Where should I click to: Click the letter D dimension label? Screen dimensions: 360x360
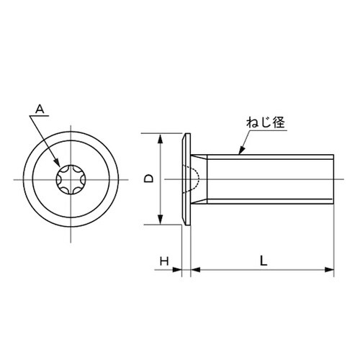pyautogui.click(x=149, y=179)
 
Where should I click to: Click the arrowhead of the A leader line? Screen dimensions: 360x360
pyautogui.click(x=60, y=168)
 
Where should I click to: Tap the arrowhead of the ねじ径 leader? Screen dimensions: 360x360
pyautogui.click(x=239, y=153)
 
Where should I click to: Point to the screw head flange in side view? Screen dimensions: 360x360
pyautogui.click(x=188, y=179)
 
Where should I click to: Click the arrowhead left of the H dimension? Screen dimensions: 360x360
pyautogui.click(x=179, y=271)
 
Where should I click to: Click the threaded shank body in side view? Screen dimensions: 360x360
pyautogui.click(x=274, y=179)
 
